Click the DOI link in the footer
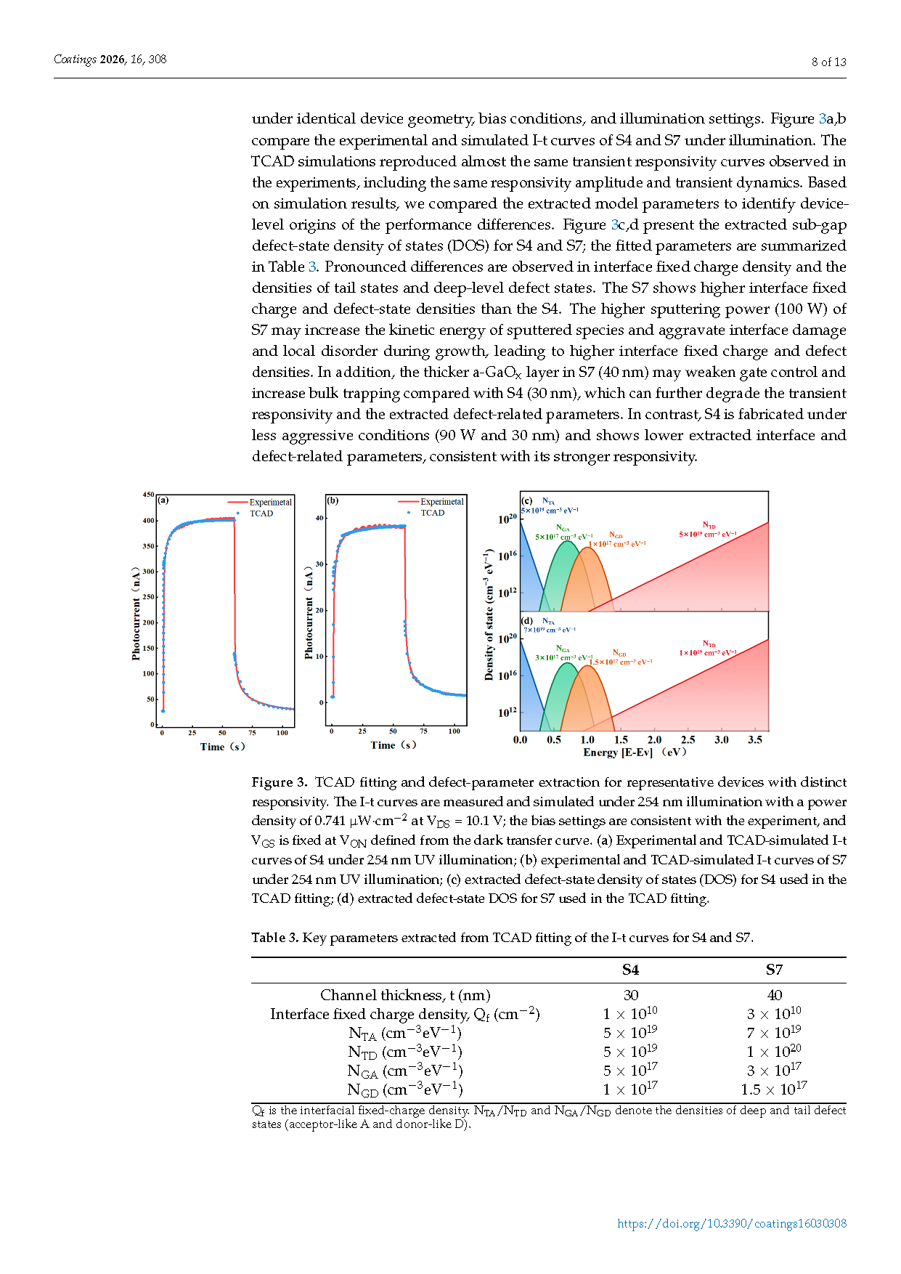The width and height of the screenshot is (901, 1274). [x=731, y=1223]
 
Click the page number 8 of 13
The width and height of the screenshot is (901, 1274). [x=828, y=62]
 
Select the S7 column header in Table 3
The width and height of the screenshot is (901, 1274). [x=774, y=970]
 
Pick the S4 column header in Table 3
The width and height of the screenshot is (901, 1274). [x=630, y=970]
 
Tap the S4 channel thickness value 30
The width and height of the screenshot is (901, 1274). [x=630, y=995]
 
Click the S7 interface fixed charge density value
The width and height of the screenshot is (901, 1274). [x=774, y=1014]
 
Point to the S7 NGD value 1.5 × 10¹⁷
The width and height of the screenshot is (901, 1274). [x=774, y=1090]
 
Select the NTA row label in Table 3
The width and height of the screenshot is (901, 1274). [x=404, y=1033]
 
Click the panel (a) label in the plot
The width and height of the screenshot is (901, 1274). [x=163, y=500]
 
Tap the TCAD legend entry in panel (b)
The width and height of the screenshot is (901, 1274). [x=432, y=513]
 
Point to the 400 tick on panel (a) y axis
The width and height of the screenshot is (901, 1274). [x=149, y=521]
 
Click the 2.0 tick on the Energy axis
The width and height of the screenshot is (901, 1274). [x=654, y=739]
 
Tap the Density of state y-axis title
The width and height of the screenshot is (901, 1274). [x=489, y=614]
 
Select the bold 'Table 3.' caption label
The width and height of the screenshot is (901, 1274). [x=275, y=938]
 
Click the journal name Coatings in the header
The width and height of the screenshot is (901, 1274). [x=75, y=60]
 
